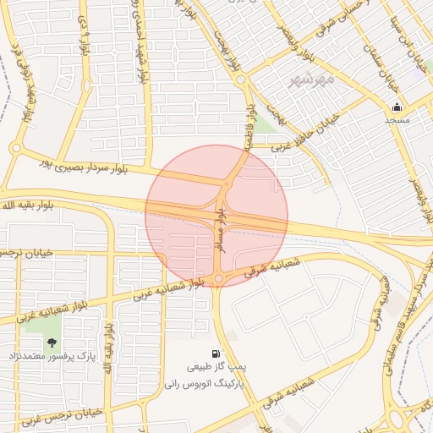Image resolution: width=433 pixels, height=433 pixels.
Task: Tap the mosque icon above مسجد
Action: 397,107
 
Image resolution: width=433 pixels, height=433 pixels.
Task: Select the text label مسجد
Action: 397,120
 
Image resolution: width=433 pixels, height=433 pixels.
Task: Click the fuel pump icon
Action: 216,354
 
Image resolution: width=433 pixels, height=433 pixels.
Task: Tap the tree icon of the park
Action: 52,343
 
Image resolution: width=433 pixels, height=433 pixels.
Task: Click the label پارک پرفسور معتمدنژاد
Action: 52,356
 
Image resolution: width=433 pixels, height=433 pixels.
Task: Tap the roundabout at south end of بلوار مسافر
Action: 218,278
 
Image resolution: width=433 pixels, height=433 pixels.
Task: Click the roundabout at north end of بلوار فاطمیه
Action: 242,80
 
